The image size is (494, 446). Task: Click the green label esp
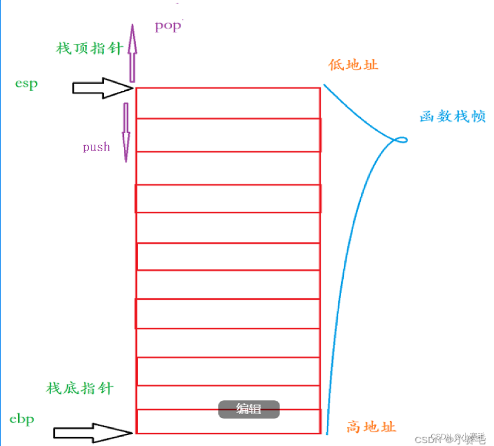(27, 84)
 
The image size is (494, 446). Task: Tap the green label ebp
(22, 419)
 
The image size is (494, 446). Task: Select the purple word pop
(167, 26)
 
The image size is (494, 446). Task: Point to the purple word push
(96, 147)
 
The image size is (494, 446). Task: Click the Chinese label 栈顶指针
(90, 48)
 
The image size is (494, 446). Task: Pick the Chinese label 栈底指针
(80, 388)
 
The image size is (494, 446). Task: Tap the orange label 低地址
(353, 65)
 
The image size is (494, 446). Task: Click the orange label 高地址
(371, 427)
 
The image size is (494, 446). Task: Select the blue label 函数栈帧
(453, 117)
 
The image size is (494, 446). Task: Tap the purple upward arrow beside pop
(132, 53)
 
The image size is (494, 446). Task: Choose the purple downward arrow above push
(126, 132)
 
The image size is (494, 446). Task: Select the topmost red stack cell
(228, 103)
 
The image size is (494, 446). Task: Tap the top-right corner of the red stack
(320, 87)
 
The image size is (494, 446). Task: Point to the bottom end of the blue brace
(327, 432)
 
